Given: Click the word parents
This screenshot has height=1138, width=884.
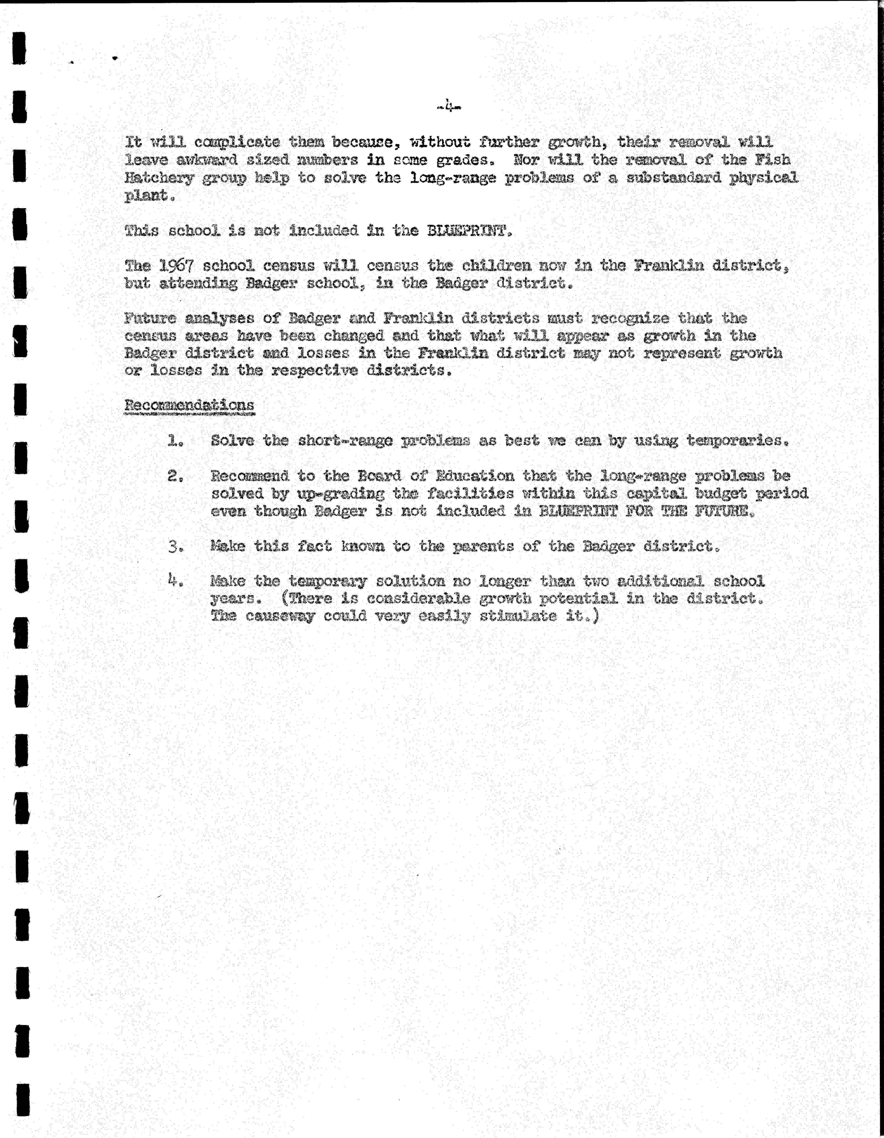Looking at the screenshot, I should click(x=479, y=547).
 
